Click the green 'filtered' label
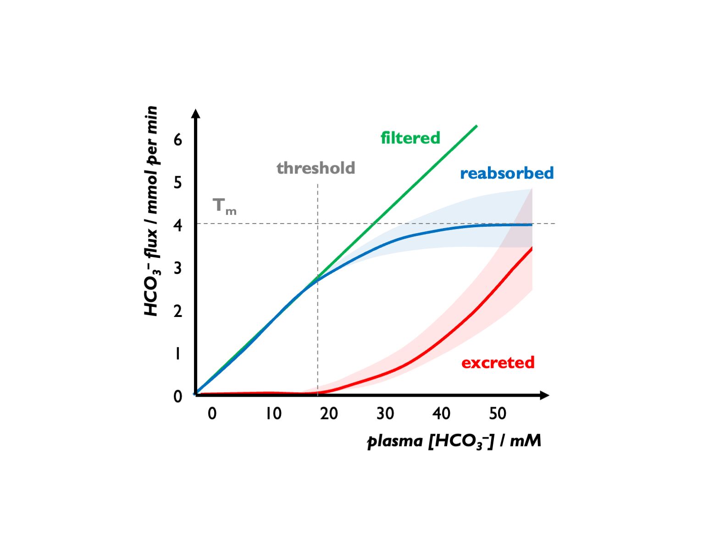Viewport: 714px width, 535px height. coord(410,138)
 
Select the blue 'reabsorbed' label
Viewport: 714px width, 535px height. coord(507,173)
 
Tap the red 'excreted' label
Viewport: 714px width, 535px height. coord(498,363)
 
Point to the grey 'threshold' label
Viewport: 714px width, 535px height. coord(315,168)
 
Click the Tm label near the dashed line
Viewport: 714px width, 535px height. coord(224,206)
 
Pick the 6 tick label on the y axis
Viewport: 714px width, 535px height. coord(178,140)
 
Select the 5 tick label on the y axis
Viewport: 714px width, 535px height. coord(178,183)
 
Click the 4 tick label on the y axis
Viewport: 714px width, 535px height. coord(178,225)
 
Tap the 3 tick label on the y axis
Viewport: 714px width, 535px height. coord(178,268)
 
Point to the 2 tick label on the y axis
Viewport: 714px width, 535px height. coord(178,311)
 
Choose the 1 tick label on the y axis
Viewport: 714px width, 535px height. coord(178,354)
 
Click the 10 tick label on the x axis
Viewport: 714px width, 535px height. coord(273,414)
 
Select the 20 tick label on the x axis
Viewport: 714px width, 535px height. coord(329,414)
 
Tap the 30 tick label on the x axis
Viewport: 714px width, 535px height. coord(385,414)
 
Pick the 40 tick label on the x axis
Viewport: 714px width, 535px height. coord(441,414)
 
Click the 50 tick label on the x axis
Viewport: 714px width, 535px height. coord(498,414)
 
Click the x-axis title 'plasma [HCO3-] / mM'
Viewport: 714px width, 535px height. coord(454,441)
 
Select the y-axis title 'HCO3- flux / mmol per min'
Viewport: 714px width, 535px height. coord(151,211)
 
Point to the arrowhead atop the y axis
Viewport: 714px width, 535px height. coord(196,113)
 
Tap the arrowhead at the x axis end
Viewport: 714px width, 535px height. coord(545,395)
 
